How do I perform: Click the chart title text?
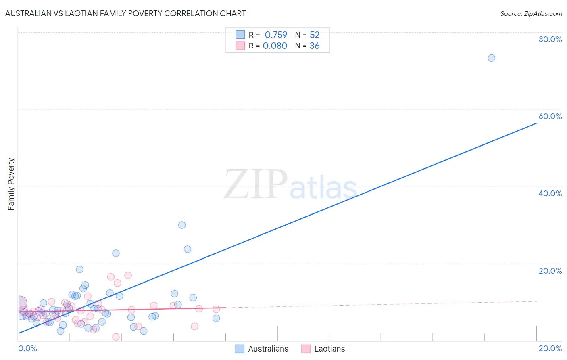[x=125, y=13]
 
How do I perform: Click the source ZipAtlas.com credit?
[x=531, y=13]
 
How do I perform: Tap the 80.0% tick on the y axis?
[x=550, y=39]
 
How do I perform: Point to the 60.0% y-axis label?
[x=550, y=116]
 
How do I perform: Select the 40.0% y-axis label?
[x=550, y=193]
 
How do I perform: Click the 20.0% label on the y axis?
[x=550, y=271]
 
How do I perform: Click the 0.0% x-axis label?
[x=27, y=348]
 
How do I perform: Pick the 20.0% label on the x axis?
[x=550, y=348]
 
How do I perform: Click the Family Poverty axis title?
[x=11, y=184]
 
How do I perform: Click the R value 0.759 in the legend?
[x=276, y=35]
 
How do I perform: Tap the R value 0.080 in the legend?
[x=275, y=46]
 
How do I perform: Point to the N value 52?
[x=315, y=35]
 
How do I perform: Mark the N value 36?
[x=315, y=46]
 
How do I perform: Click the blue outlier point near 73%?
[x=491, y=58]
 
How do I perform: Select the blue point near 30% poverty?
[x=182, y=225]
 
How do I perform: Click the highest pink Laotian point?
[x=128, y=275]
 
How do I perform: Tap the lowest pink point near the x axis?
[x=116, y=337]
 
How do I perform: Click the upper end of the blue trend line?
[x=536, y=123]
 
